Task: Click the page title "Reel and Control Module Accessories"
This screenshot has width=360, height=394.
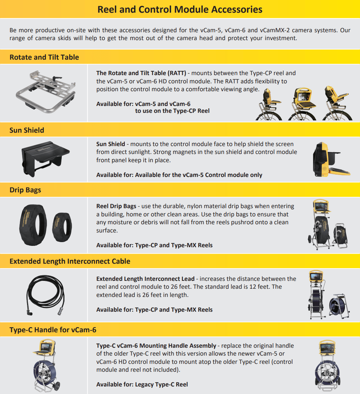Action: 180,10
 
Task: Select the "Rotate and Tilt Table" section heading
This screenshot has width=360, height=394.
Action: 44,57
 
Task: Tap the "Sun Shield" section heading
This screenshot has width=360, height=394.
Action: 27,130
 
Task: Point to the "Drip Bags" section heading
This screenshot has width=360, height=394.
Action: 25,190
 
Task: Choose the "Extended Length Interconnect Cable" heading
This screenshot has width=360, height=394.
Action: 70,261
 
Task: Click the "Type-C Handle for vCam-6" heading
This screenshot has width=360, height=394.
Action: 53,330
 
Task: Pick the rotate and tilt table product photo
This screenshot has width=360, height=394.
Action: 46,92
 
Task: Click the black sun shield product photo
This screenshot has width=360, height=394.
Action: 46,159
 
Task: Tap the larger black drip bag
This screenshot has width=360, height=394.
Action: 33,225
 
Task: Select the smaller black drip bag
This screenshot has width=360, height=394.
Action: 62,227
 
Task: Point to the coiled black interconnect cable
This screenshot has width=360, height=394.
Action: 46,295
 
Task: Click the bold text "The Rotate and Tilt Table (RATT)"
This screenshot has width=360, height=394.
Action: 141,73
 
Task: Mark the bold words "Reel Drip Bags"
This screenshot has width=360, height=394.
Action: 116,206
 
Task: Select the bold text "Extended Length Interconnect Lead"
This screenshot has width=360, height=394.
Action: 145,279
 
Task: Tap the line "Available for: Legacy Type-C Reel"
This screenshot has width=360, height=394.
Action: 142,384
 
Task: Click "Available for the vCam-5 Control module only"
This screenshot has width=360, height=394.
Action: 199,175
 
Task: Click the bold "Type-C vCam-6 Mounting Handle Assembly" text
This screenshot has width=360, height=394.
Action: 156,346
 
